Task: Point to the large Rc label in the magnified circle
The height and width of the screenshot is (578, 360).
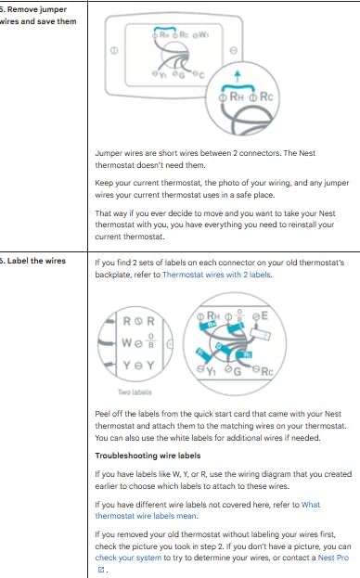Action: click(x=262, y=95)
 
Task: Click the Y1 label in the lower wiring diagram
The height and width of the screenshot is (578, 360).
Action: click(x=206, y=369)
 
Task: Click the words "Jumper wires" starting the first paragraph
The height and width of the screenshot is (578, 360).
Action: click(x=118, y=151)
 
